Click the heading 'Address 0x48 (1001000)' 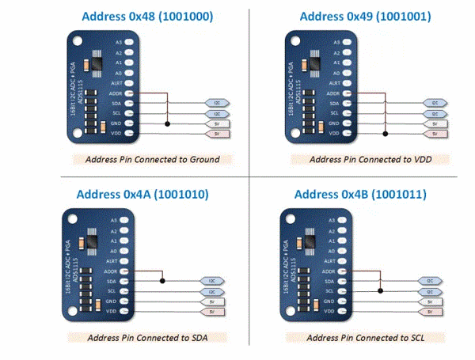[126, 16]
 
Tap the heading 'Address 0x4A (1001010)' [127, 195]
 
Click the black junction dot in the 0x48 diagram [167, 123]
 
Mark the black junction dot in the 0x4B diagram [378, 290]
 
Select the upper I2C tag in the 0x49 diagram [435, 103]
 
